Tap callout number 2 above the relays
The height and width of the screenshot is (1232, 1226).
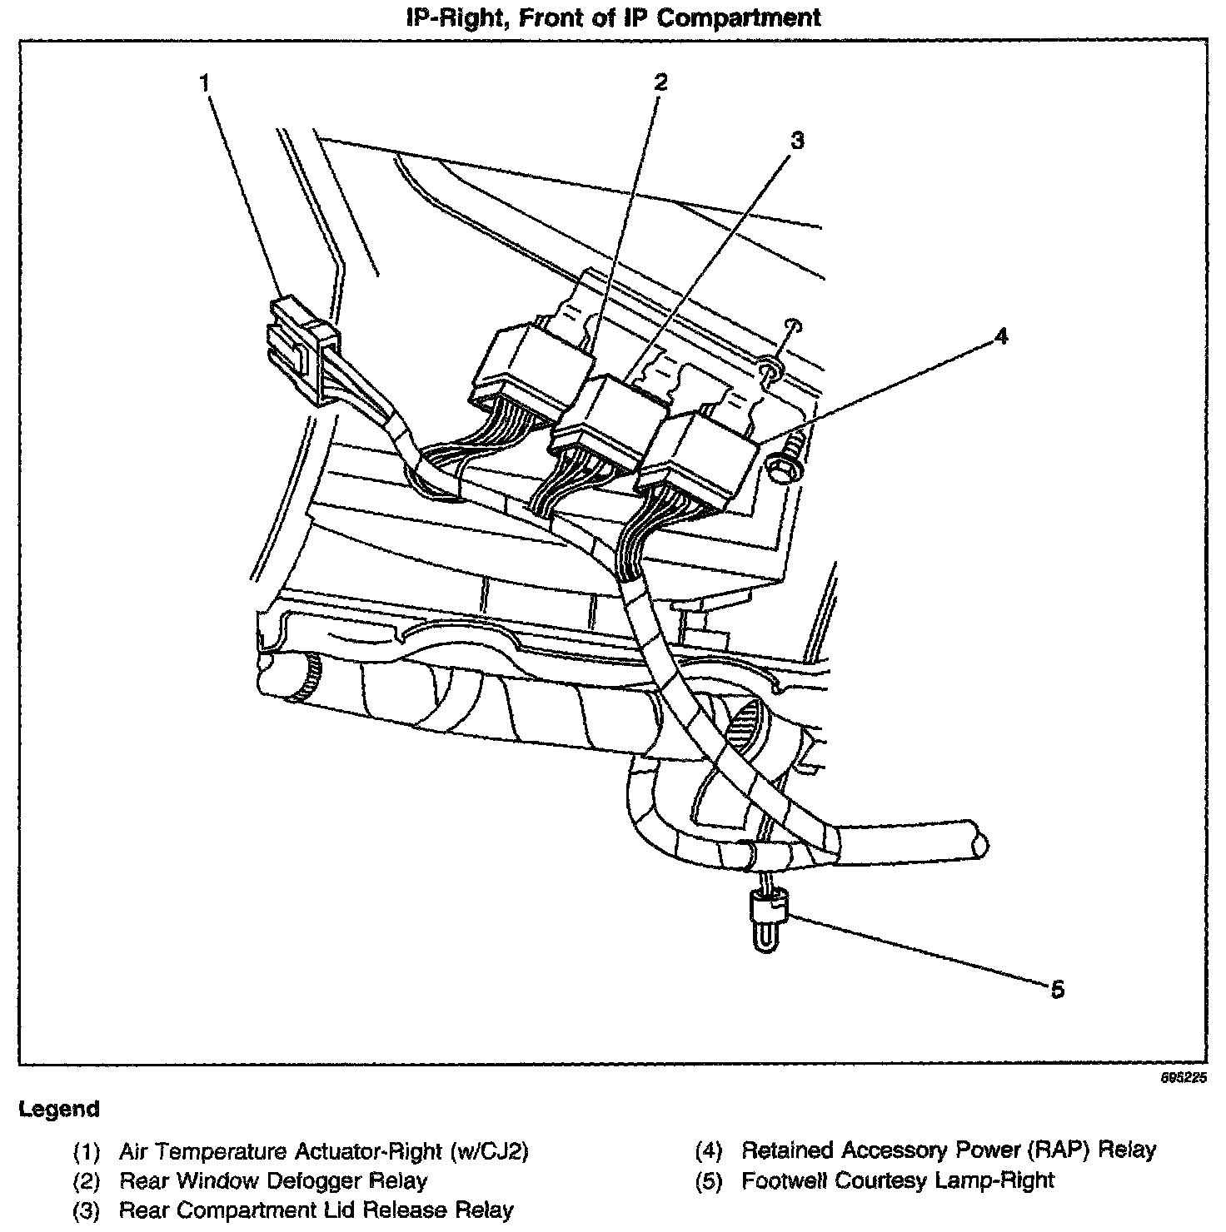coord(660,82)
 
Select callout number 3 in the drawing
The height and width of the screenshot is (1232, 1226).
coord(797,141)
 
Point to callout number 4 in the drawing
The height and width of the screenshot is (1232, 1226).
coord(1000,336)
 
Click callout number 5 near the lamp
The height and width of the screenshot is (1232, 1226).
coord(1057,990)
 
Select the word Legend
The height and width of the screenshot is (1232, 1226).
coord(59,1110)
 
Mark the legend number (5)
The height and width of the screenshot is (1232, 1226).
coord(709,1182)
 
